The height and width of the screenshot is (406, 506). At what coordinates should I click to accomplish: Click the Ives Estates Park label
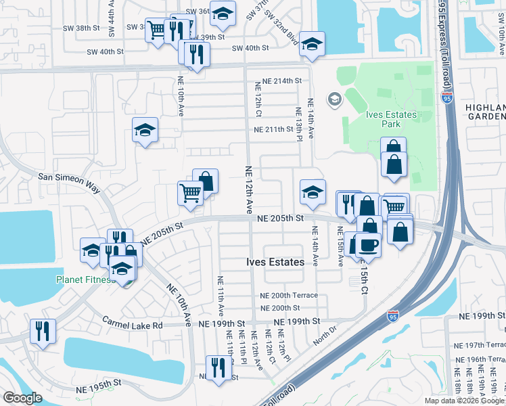(391, 119)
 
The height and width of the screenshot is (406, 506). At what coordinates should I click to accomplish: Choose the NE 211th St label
(273, 129)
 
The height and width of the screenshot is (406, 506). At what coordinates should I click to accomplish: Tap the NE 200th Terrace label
(289, 296)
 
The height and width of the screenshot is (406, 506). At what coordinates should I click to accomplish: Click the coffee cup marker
(369, 245)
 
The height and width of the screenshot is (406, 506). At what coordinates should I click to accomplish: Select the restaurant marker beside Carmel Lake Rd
(43, 332)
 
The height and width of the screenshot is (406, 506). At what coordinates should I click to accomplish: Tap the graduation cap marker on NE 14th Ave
(313, 194)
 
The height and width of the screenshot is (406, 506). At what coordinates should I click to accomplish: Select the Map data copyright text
(464, 401)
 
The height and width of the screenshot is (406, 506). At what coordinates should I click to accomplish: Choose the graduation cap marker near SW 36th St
(222, 13)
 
